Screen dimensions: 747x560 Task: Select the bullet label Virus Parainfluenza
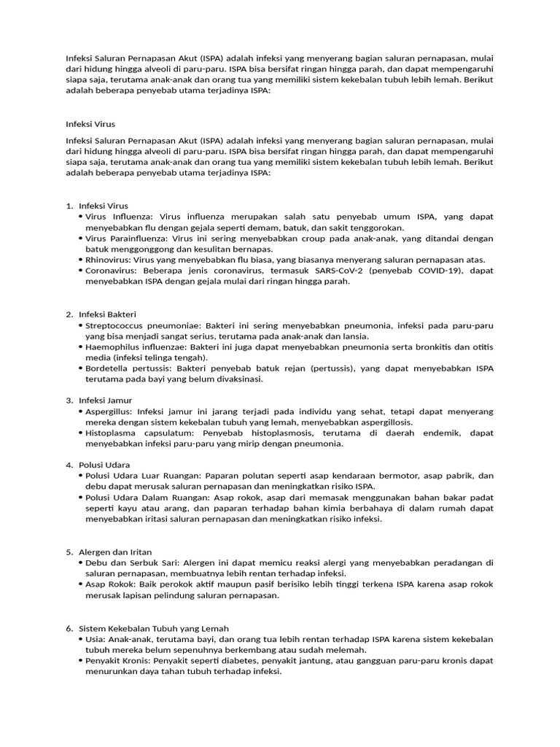pyautogui.click(x=119, y=239)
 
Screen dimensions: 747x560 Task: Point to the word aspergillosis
pyautogui.click(x=381, y=422)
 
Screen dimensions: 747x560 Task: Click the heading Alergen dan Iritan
pyautogui.click(x=115, y=551)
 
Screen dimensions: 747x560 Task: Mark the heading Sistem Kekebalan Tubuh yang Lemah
pyautogui.click(x=154, y=628)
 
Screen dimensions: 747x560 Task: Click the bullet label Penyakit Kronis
pyautogui.click(x=117, y=660)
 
